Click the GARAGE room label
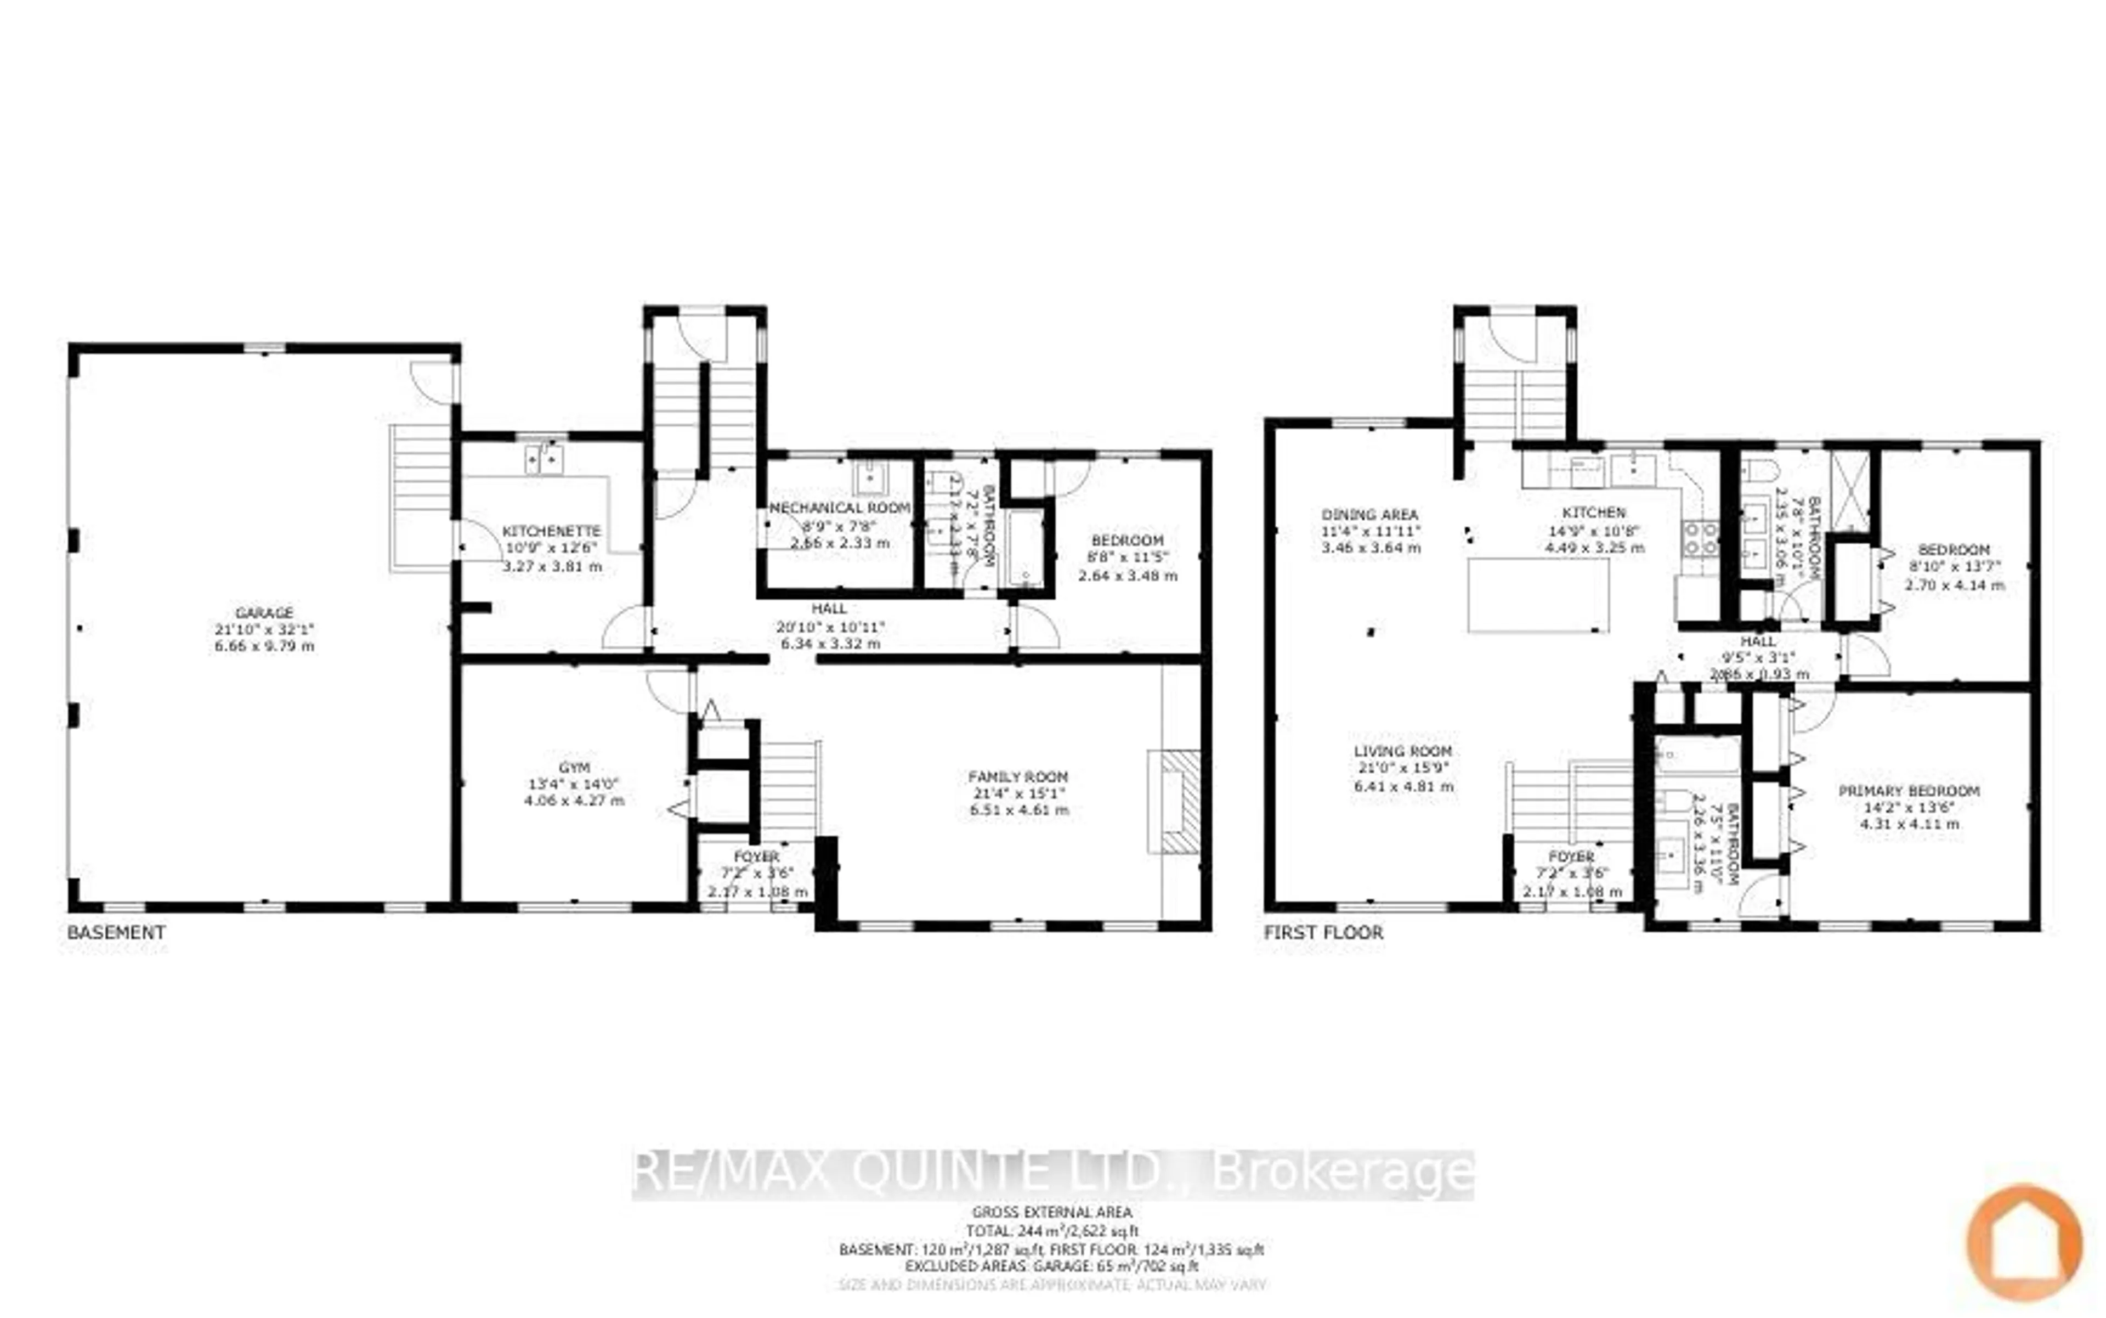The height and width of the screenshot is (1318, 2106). click(264, 613)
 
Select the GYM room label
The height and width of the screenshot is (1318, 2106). click(574, 767)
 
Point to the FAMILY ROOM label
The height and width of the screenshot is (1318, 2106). click(1018, 776)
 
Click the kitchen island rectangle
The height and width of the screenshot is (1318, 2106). click(1538, 595)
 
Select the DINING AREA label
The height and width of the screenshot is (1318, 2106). click(1370, 514)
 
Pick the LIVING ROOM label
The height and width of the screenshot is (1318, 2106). click(1403, 751)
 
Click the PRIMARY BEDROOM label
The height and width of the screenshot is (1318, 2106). click(1908, 791)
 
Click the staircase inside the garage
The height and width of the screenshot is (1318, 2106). click(422, 497)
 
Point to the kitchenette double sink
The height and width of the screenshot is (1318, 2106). click(544, 459)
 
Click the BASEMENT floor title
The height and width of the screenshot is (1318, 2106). click(116, 932)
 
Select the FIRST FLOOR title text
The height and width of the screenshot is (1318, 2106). click(1323, 932)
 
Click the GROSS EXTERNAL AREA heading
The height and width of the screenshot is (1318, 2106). click(1052, 1212)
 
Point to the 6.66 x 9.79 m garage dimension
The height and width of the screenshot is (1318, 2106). click(264, 646)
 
